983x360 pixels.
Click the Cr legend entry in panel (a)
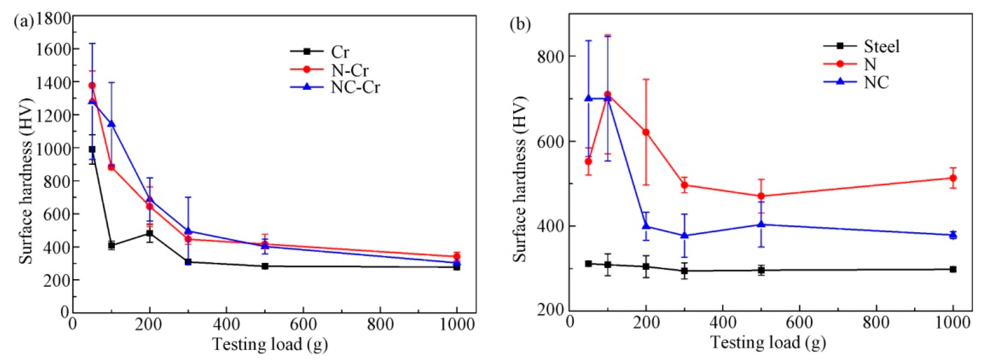click(x=340, y=52)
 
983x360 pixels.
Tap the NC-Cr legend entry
click(x=355, y=87)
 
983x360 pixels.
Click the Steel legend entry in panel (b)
click(x=881, y=46)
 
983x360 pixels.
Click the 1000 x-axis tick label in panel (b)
click(x=953, y=323)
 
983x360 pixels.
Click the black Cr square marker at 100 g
click(x=112, y=245)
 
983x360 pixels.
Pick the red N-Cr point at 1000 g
click(x=457, y=257)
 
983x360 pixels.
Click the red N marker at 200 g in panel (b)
click(x=646, y=132)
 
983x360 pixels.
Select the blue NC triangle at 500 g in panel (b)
click(x=761, y=224)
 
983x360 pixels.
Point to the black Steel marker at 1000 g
click(x=953, y=269)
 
